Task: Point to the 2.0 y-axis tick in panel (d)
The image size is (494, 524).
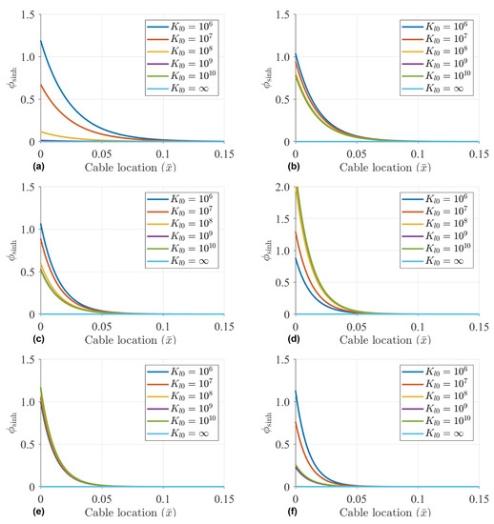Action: [282, 188]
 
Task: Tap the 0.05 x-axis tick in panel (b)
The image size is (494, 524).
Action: [354, 152]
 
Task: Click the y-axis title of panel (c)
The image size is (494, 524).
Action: [12, 251]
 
